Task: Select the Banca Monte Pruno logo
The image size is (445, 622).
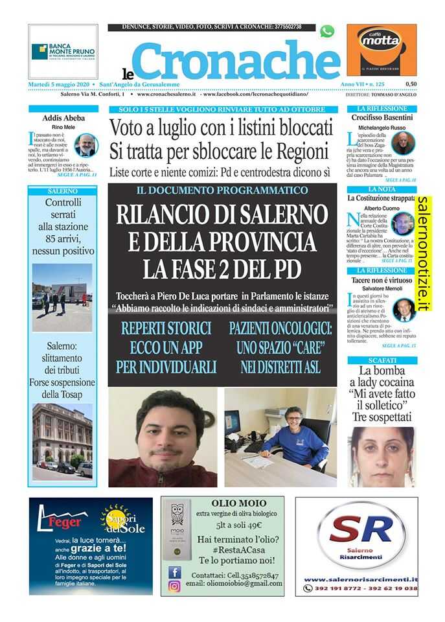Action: [x=63, y=51]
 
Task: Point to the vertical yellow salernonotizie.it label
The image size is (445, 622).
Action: [x=423, y=253]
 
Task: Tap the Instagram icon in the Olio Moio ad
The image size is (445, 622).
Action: [x=174, y=586]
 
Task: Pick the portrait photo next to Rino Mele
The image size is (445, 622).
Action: [x=85, y=145]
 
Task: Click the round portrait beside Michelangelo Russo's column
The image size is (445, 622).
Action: [x=403, y=143]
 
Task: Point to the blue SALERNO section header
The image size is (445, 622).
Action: [x=63, y=191]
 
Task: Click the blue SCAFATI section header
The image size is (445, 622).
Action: [x=382, y=358]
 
